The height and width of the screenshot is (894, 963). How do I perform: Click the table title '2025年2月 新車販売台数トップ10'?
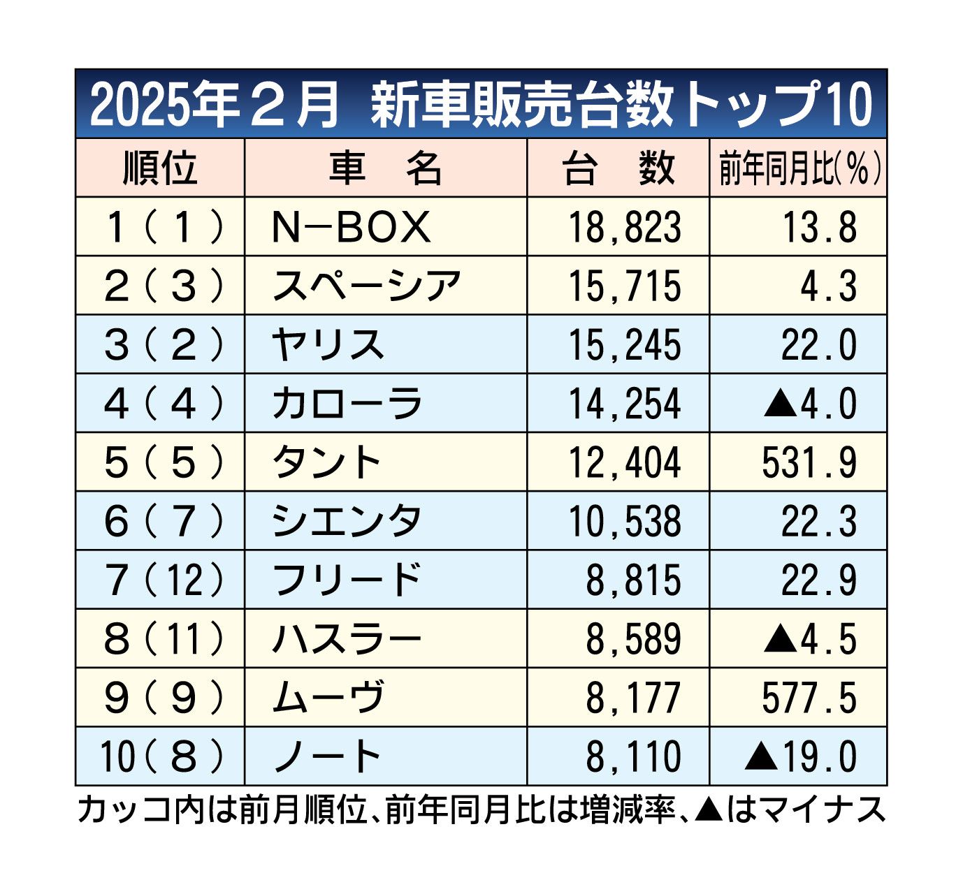click(481, 105)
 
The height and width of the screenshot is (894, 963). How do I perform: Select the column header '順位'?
click(160, 168)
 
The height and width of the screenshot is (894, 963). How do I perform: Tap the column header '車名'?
click(385, 168)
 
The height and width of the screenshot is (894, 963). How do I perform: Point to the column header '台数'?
click(618, 168)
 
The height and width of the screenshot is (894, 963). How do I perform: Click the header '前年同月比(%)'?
click(799, 168)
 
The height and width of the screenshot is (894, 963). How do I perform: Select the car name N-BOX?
click(351, 227)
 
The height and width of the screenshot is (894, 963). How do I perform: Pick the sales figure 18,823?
click(624, 227)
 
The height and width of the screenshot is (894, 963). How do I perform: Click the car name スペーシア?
click(366, 286)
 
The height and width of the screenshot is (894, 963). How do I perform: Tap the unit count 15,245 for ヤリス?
click(624, 345)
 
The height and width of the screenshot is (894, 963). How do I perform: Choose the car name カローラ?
click(347, 404)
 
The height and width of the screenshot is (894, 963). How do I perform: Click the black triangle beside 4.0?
click(777, 404)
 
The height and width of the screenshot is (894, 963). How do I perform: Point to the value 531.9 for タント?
click(809, 462)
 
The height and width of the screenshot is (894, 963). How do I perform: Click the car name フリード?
click(347, 580)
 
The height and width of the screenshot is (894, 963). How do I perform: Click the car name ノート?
click(327, 756)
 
